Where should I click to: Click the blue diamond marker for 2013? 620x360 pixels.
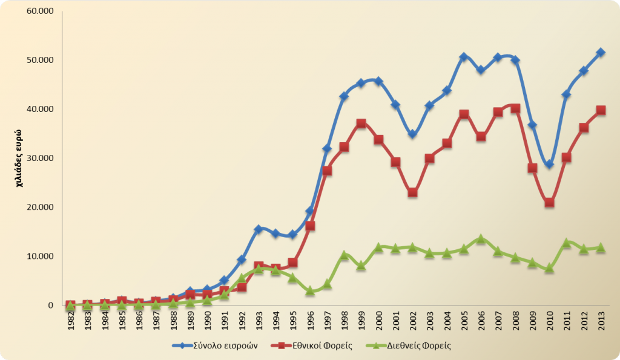pos(601,53)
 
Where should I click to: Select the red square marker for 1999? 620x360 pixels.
pos(361,123)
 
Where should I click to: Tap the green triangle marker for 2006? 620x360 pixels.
pos(481,239)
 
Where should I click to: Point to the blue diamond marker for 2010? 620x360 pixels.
pos(549,164)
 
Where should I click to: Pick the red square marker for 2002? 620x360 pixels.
pos(413,192)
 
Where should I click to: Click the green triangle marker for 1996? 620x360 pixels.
pos(310,290)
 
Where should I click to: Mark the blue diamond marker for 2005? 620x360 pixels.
pos(464,57)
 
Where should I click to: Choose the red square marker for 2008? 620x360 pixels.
pos(515,109)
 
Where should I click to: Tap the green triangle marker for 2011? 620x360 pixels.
pos(567,243)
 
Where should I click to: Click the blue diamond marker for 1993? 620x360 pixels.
pos(259,229)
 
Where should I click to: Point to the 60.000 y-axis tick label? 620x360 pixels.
pos(41,11)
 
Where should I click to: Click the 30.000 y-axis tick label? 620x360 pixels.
pos(41,159)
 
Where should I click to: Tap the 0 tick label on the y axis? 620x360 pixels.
pos(51,306)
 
